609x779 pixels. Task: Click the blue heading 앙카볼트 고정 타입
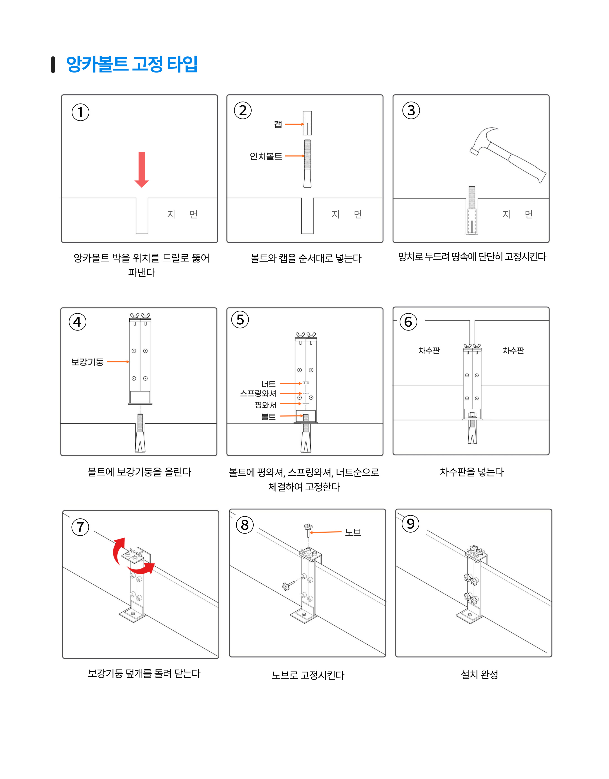(x=132, y=64)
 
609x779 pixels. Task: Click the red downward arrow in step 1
(x=142, y=170)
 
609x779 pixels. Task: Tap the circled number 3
(x=411, y=111)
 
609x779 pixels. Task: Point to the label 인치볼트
(x=266, y=156)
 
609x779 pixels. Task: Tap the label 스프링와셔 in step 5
(x=258, y=393)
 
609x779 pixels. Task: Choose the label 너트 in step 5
(x=268, y=384)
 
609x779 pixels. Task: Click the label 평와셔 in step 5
(x=265, y=405)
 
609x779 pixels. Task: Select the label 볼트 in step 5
(x=268, y=416)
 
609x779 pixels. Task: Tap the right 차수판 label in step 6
(x=513, y=351)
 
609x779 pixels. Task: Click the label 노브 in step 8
(x=353, y=532)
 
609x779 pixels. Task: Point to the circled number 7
(x=80, y=527)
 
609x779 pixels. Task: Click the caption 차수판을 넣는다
(x=472, y=472)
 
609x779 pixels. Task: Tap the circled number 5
(x=240, y=320)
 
